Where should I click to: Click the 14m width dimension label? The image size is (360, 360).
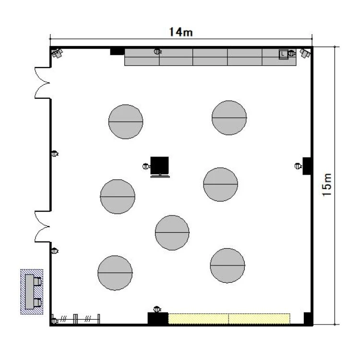pyautogui.click(x=181, y=32)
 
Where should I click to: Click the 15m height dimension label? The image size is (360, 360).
pyautogui.click(x=327, y=185)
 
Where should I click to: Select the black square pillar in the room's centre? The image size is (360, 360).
pyautogui.click(x=159, y=165)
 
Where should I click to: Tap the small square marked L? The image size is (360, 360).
pyautogui.click(x=283, y=54)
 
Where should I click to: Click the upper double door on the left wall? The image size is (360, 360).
pyautogui.click(x=42, y=83)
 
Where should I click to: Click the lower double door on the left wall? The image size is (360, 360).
pyautogui.click(x=42, y=227)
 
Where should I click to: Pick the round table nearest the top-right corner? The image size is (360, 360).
pyautogui.click(x=229, y=118)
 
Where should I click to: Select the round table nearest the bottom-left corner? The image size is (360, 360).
pyautogui.click(x=115, y=273)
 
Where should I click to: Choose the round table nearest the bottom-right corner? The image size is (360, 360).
pyautogui.click(x=228, y=265)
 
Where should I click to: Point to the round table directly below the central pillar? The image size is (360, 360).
pyautogui.click(x=172, y=233)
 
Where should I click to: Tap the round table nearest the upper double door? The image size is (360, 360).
pyautogui.click(x=126, y=122)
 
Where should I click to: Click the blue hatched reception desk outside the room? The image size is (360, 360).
pyautogui.click(x=32, y=291)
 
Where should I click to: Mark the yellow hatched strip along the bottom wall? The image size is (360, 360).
pyautogui.click(x=229, y=319)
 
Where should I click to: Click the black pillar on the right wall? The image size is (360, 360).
pyautogui.click(x=307, y=166)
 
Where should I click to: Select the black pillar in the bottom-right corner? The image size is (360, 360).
pyautogui.click(x=308, y=318)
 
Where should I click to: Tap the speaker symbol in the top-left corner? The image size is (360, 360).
pyautogui.click(x=57, y=53)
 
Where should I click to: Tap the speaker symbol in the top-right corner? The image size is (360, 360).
pyautogui.click(x=305, y=53)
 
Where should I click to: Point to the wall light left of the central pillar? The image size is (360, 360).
pyautogui.click(x=146, y=166)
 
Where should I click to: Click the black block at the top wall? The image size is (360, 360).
pyautogui.click(x=117, y=51)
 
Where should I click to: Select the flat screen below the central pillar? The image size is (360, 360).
pyautogui.click(x=160, y=176)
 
